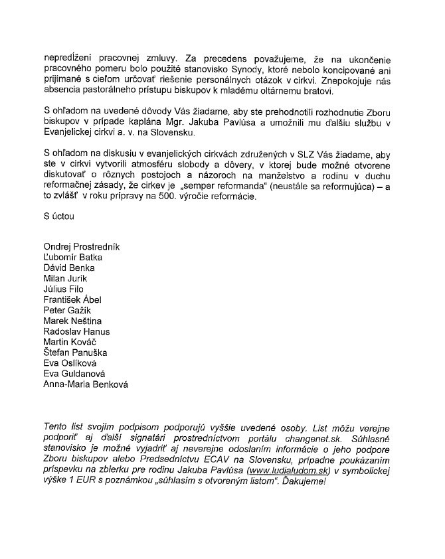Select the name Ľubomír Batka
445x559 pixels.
point(72,257)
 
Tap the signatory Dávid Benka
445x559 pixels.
point(68,268)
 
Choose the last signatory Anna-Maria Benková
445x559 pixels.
point(86,384)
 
